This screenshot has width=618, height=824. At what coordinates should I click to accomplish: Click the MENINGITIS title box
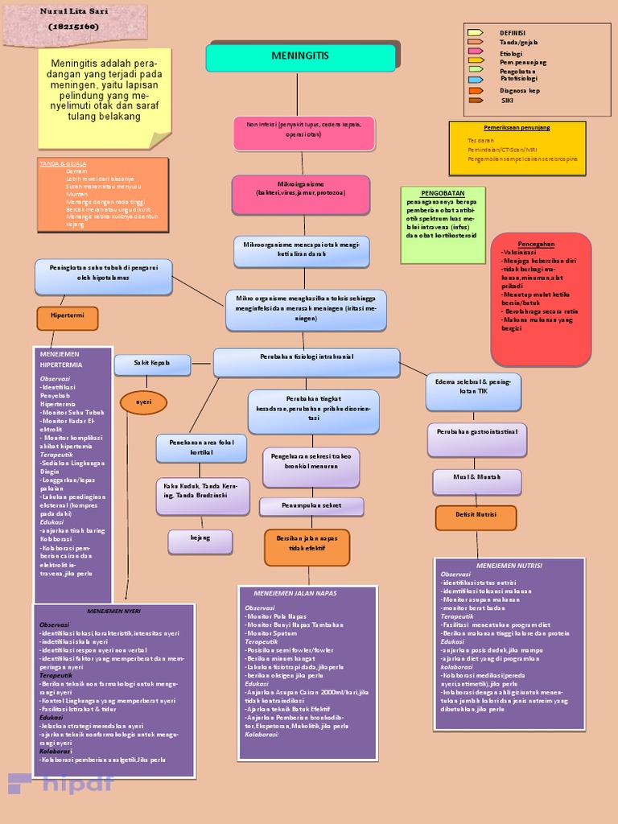[x=301, y=58]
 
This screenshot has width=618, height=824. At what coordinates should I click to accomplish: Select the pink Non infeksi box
[x=304, y=133]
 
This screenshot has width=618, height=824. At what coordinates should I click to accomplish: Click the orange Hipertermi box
[x=67, y=318]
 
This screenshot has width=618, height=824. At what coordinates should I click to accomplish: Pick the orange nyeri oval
[x=143, y=402]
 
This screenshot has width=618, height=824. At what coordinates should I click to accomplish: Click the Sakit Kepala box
[x=152, y=365]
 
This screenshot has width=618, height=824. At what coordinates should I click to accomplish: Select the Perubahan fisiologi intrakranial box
[x=307, y=361]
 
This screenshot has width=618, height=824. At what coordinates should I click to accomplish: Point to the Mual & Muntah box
[x=477, y=481]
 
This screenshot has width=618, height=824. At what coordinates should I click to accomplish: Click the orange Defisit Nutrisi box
[x=476, y=517]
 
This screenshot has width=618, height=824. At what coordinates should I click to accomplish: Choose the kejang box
[x=200, y=542]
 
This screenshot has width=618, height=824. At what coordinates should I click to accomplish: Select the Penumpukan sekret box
[x=311, y=506]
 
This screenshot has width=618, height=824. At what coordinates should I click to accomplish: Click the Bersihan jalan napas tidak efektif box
[x=307, y=546]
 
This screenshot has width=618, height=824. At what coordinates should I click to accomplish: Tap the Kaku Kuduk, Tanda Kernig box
[x=202, y=496]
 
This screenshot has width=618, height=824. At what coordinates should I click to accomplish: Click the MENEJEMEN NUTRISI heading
[x=509, y=566]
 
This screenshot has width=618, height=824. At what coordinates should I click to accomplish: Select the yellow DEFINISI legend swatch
[x=476, y=33]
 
